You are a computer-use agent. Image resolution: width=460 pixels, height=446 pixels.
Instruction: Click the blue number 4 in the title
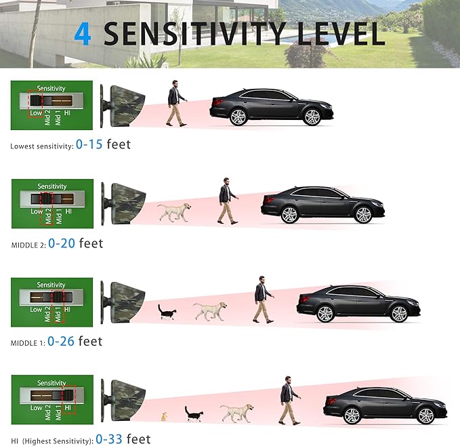(83, 35)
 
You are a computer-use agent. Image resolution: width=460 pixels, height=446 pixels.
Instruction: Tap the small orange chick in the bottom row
(164, 417)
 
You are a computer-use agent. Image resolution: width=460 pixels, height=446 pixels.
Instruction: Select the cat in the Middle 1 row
(167, 312)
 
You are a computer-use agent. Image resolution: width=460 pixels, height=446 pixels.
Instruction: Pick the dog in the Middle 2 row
(174, 212)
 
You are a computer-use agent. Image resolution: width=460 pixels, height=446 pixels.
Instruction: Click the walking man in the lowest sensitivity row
(177, 103)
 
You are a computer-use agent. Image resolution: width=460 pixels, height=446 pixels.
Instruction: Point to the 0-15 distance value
(89, 144)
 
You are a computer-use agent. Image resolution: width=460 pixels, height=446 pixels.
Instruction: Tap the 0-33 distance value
(109, 439)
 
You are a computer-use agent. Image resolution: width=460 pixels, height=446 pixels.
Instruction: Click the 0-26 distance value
(61, 341)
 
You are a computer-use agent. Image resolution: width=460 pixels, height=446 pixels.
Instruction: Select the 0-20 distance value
(62, 243)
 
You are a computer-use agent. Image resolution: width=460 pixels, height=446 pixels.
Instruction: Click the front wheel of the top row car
(312, 117)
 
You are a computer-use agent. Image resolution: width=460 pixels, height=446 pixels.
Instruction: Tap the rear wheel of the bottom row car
(352, 415)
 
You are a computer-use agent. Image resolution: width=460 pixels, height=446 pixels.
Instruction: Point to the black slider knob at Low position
(36, 100)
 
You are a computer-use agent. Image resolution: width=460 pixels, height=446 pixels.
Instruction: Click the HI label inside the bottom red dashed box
(68, 408)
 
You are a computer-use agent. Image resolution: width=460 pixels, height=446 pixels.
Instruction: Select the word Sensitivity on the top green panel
(51, 88)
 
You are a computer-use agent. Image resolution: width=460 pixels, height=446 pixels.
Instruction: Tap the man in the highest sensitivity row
(290, 400)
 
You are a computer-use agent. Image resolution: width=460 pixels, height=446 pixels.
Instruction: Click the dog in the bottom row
(237, 413)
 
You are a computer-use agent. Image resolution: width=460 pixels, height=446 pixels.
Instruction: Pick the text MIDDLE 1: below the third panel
(28, 343)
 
